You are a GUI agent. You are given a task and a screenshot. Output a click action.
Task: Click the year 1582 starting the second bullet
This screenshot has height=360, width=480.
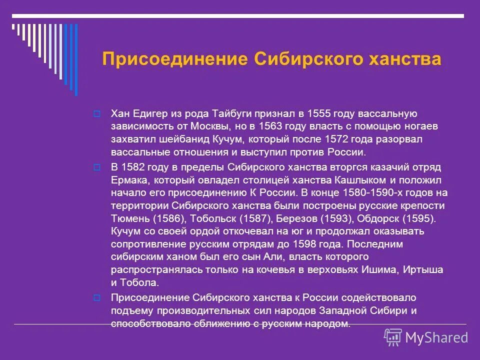(134, 166)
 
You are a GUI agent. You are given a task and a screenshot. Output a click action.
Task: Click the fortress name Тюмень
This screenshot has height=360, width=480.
(127, 218)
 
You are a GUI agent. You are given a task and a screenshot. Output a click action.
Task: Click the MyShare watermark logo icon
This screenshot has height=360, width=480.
(392, 337)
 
